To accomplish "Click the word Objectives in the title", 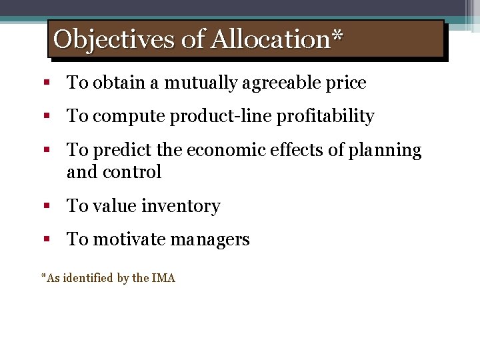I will pos(114,39).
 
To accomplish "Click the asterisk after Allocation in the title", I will pos(337,36).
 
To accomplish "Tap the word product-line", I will pos(213,117).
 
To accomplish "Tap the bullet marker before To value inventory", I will pos(47,207).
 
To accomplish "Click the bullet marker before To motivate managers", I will pos(47,240).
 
